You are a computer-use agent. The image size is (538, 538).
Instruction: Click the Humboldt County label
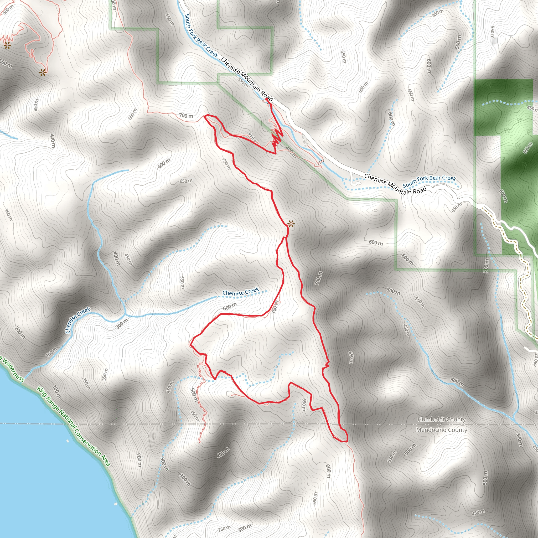pyautogui.click(x=441, y=419)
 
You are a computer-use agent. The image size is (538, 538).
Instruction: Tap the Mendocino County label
pyautogui.click(x=441, y=430)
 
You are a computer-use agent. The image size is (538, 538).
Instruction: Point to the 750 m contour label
pyautogui.click(x=226, y=164)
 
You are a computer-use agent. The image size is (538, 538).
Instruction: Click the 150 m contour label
pyautogui.click(x=51, y=352)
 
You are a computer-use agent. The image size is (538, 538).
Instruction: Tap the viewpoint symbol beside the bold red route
pyautogui.click(x=291, y=224)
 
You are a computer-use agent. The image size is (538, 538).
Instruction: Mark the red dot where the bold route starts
pyautogui.click(x=267, y=99)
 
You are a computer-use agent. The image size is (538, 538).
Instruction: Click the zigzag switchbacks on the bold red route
pyautogui.click(x=276, y=138)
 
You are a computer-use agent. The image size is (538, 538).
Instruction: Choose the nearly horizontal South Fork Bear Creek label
pyautogui.click(x=429, y=181)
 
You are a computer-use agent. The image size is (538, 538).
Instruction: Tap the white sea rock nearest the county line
pyautogui.click(x=68, y=441)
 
